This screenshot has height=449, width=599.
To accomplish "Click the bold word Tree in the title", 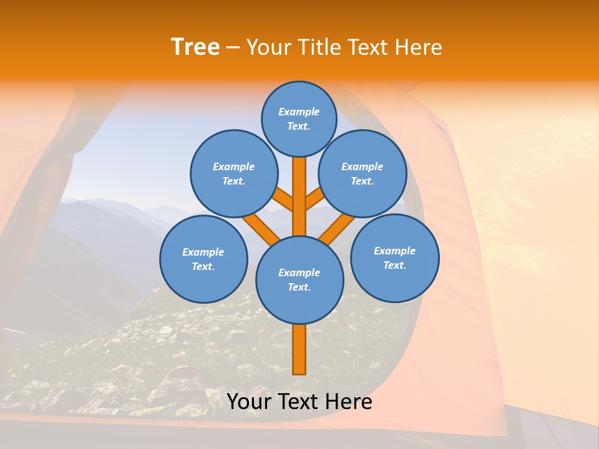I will coord(195,47).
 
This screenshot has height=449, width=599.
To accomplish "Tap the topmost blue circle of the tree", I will coord(299,118).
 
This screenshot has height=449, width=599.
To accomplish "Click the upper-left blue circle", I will coord(233,173).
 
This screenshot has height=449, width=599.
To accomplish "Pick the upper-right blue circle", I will coord(362,173).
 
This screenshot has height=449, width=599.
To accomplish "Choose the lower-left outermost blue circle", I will coord(203,259).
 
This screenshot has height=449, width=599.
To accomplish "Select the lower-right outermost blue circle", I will coord(394,258).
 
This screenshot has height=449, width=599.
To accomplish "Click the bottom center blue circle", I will coord(299,279).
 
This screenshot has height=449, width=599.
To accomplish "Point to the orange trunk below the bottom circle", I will coord(299,349).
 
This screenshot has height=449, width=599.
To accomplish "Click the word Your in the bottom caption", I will coord(248,402).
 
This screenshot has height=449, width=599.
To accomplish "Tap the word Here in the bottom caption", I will coord(350,402).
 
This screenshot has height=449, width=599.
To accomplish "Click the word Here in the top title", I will coord(421,47).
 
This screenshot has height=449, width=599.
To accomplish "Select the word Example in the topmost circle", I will coord(299,112).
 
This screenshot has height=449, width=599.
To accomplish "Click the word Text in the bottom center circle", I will coord(298,287).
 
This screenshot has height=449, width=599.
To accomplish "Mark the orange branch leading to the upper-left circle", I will coord(284,201).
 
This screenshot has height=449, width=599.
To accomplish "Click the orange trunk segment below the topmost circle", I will coord(299,187).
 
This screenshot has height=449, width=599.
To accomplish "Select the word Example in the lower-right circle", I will coord(394,251).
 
